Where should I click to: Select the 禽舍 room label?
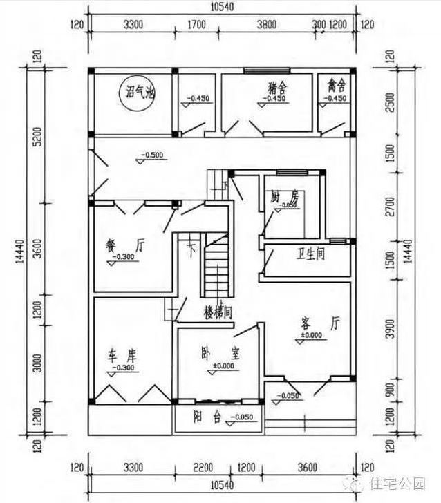[x=337, y=87]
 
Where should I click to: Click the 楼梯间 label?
[x=216, y=312]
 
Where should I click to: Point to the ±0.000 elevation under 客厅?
[x=312, y=336]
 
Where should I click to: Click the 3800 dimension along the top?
[x=266, y=25]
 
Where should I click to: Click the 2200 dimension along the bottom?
[x=202, y=466]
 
